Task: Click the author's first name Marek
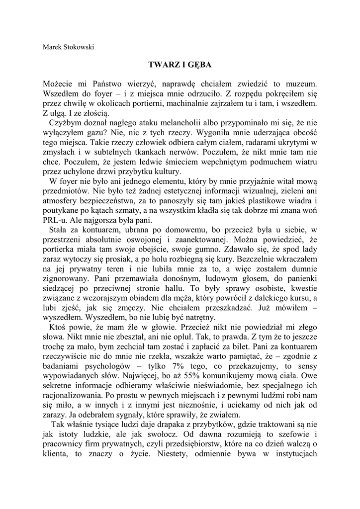pos(53,48)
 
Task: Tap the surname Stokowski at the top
pos(79,48)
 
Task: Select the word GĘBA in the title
pos(198,65)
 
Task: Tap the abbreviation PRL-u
pos(55,221)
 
